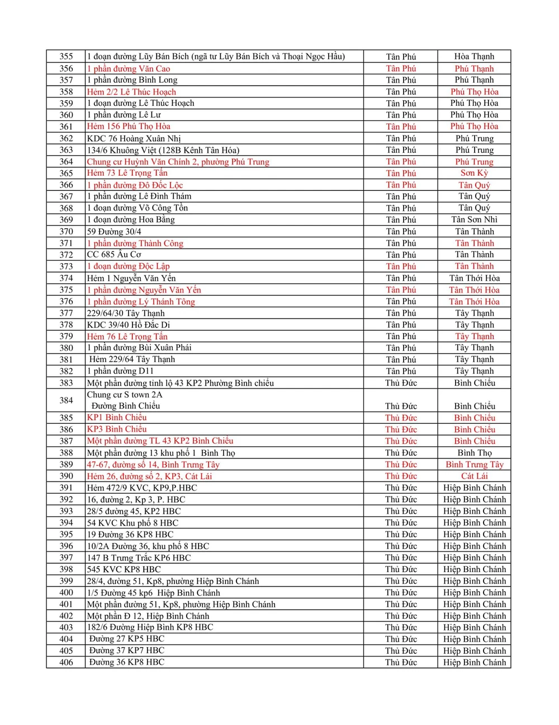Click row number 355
(x=66, y=57)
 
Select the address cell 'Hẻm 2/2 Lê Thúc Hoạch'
(x=131, y=92)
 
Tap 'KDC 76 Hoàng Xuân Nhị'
(x=134, y=138)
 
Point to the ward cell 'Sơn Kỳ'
(x=474, y=173)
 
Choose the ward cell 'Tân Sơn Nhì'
(x=474, y=219)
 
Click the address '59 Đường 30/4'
(x=114, y=231)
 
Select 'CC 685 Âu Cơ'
(x=114, y=255)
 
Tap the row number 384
(x=66, y=400)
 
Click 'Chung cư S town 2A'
(x=125, y=395)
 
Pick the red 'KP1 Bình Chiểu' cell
(x=117, y=418)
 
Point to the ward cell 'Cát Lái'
(x=474, y=476)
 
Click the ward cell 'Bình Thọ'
(x=474, y=453)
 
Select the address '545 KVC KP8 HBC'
(x=124, y=569)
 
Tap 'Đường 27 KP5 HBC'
(x=126, y=639)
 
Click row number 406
(x=66, y=662)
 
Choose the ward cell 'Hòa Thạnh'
(x=474, y=57)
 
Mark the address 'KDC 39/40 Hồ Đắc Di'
(x=129, y=325)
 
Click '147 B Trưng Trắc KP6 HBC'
(x=139, y=558)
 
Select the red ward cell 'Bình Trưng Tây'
(x=474, y=465)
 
